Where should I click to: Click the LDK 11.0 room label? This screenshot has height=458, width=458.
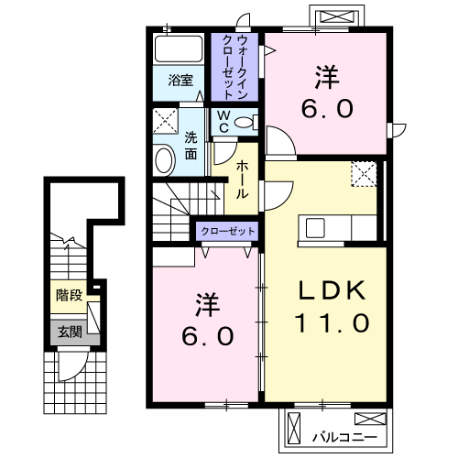tap(333, 307)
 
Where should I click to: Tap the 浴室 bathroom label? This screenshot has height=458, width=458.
tap(180, 81)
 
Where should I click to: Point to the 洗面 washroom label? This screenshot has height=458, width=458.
tap(191, 147)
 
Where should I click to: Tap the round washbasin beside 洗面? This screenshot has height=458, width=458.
tap(165, 160)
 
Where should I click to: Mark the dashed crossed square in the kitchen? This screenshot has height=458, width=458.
tap(364, 174)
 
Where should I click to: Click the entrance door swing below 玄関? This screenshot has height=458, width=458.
tap(71, 366)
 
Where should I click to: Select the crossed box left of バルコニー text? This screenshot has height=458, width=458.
tap(293, 427)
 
